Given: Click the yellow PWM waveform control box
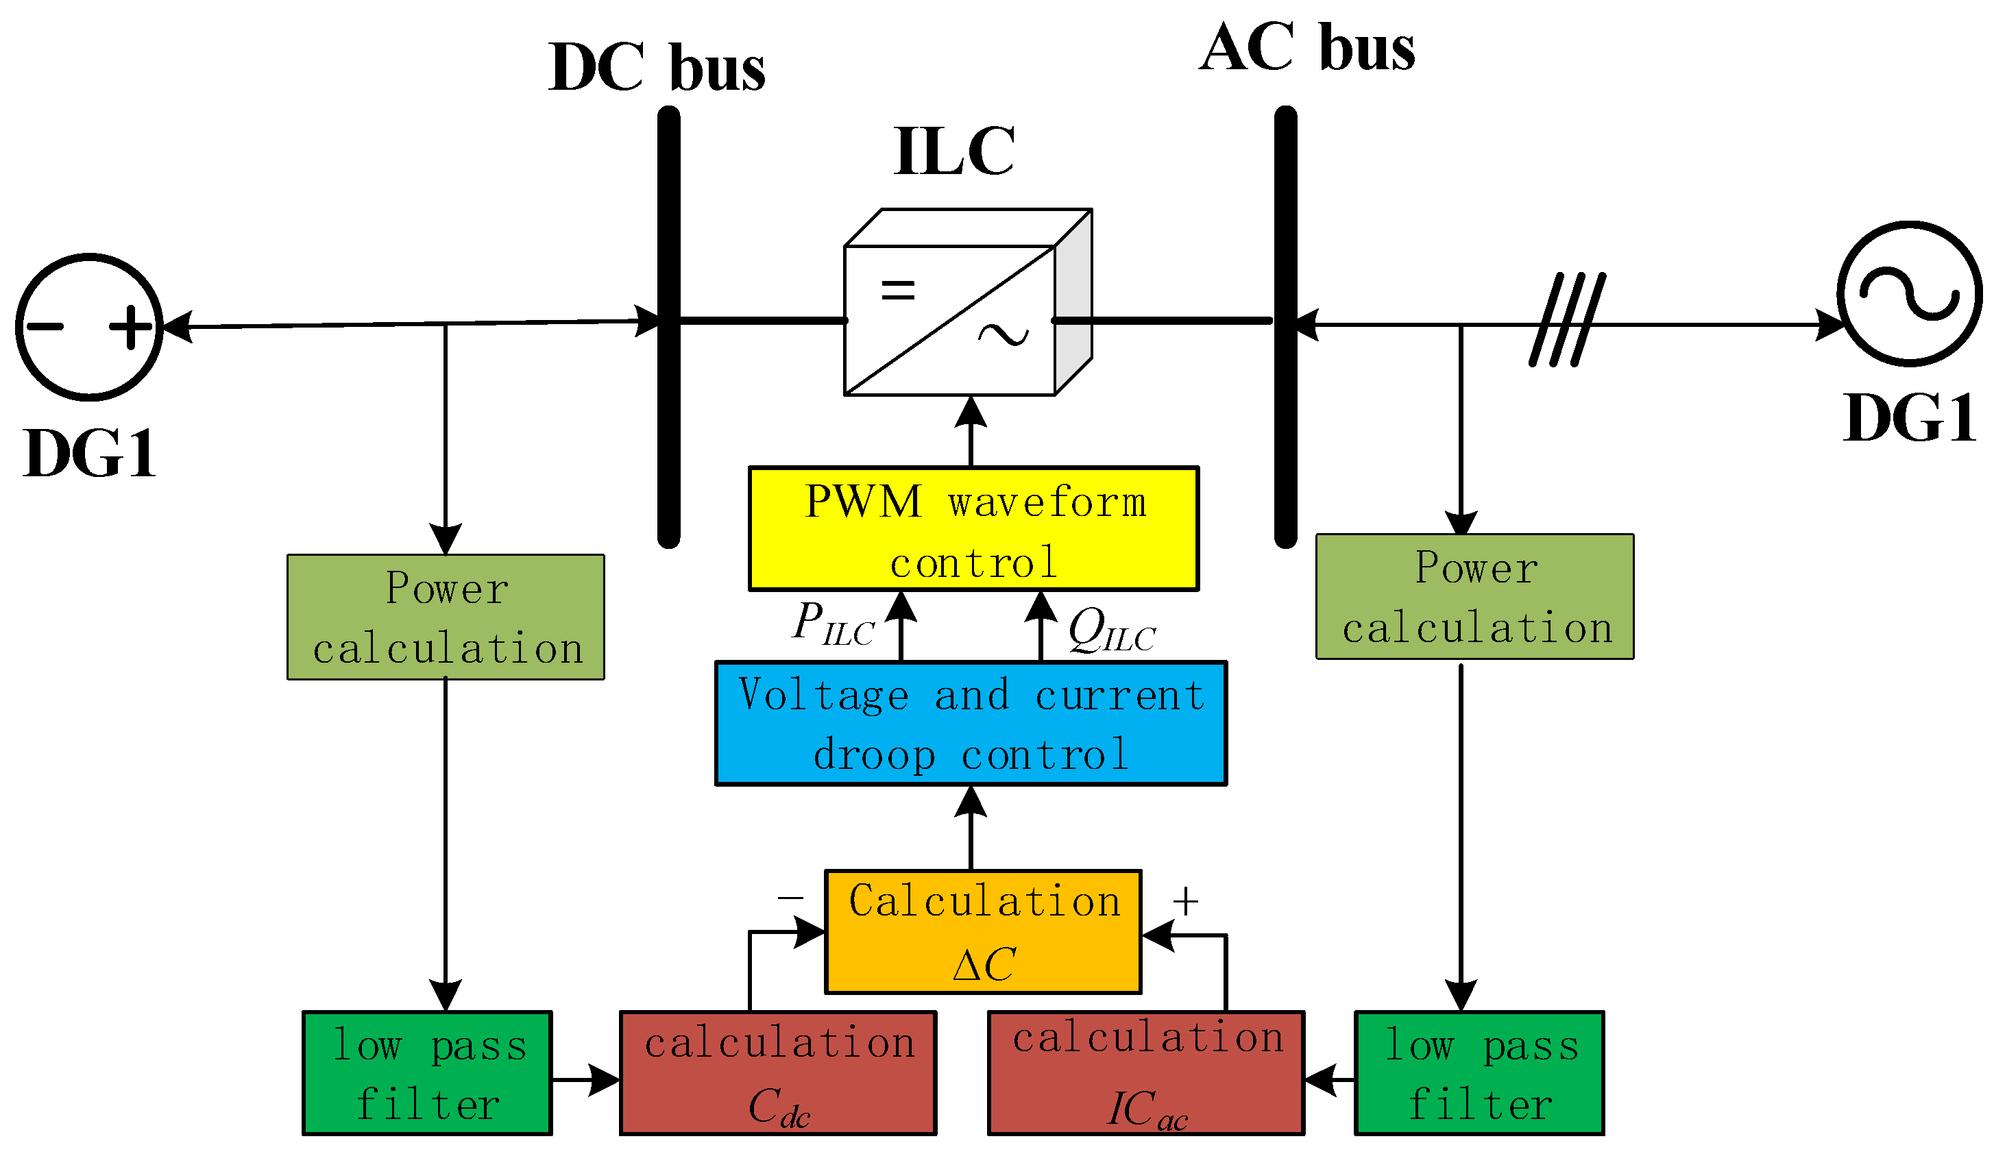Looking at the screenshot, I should (973, 528).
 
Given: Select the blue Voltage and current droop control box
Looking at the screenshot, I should (971, 723).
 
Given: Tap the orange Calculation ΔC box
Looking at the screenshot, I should (983, 931).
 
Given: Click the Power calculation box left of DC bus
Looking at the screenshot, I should (446, 617).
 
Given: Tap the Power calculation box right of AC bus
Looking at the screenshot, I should (1474, 597).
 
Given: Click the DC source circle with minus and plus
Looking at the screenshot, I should (89, 327).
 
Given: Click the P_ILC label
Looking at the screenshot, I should (832, 624).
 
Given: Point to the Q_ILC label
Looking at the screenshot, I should (1111, 631).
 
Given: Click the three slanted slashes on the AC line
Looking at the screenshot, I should (1567, 319).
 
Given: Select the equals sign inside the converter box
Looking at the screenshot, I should (897, 291).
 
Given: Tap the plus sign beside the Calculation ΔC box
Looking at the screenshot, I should (1184, 901).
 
